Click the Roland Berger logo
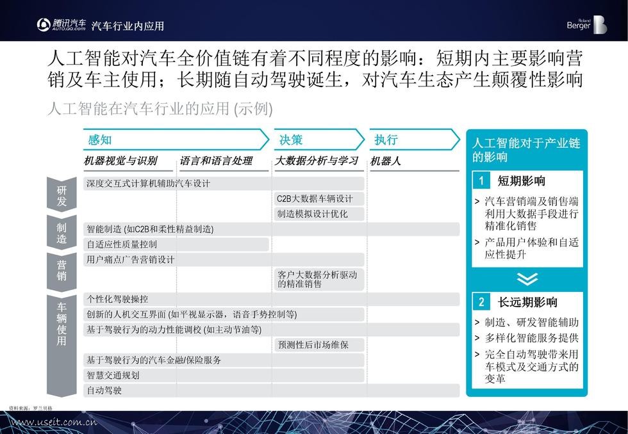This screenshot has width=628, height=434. pos(586,24)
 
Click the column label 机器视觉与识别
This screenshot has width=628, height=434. pos(120,161)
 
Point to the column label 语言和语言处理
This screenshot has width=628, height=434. pos(216,161)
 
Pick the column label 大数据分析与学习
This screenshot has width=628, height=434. pos(317,161)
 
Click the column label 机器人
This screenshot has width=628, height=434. pos(386,161)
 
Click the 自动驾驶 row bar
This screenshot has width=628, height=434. pos(271,390)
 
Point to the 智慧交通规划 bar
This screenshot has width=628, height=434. pos(224,375)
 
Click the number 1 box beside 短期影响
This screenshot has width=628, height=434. pos(481,181)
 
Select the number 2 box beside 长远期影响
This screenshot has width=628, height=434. pos(481,302)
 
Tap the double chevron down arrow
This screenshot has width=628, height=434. pos(527,279)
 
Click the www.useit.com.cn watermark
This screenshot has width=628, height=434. pos(55,422)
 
